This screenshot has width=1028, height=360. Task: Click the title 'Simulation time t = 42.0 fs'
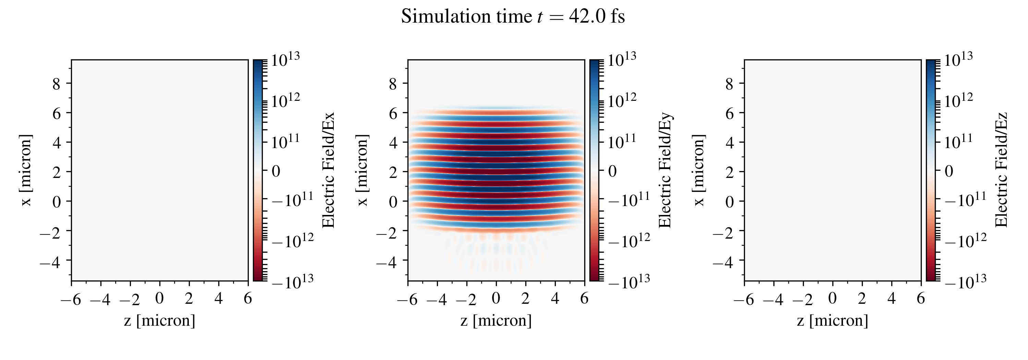[513, 17]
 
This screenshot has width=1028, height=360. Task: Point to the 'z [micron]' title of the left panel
[160, 321]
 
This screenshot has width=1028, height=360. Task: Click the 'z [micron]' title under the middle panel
[496, 321]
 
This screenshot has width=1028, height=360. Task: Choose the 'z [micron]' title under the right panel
[832, 321]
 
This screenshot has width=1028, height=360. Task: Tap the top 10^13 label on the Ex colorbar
[286, 60]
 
